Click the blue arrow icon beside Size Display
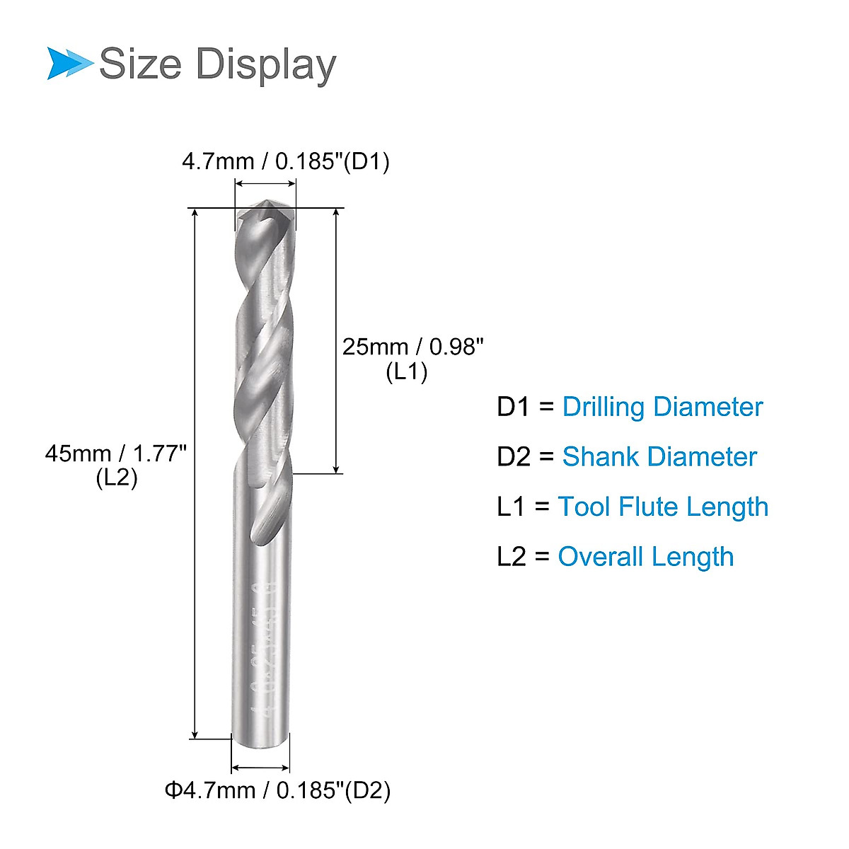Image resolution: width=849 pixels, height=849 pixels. (69, 63)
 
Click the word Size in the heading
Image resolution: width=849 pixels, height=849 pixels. (140, 64)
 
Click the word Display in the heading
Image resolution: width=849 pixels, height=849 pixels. (265, 65)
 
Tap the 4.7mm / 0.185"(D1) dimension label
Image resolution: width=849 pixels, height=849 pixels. (286, 161)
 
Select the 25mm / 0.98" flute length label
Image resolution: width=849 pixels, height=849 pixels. (413, 347)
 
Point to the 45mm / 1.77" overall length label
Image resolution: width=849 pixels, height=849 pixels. (116, 453)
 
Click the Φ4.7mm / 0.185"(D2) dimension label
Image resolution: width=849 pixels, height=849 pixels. (278, 790)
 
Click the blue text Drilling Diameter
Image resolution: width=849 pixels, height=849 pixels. (662, 407)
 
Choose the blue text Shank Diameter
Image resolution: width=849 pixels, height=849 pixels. (659, 456)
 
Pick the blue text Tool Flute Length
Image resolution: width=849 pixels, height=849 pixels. (663, 507)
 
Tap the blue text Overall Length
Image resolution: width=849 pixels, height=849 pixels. (645, 556)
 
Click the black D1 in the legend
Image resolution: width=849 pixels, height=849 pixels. (513, 407)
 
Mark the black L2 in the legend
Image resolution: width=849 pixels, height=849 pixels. (512, 556)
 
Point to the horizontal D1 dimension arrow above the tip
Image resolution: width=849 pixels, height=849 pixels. (265, 184)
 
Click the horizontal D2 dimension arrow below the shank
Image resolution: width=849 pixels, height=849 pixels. (260, 768)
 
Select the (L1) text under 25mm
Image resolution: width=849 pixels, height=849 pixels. (407, 371)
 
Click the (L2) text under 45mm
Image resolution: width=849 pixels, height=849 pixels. (117, 478)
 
